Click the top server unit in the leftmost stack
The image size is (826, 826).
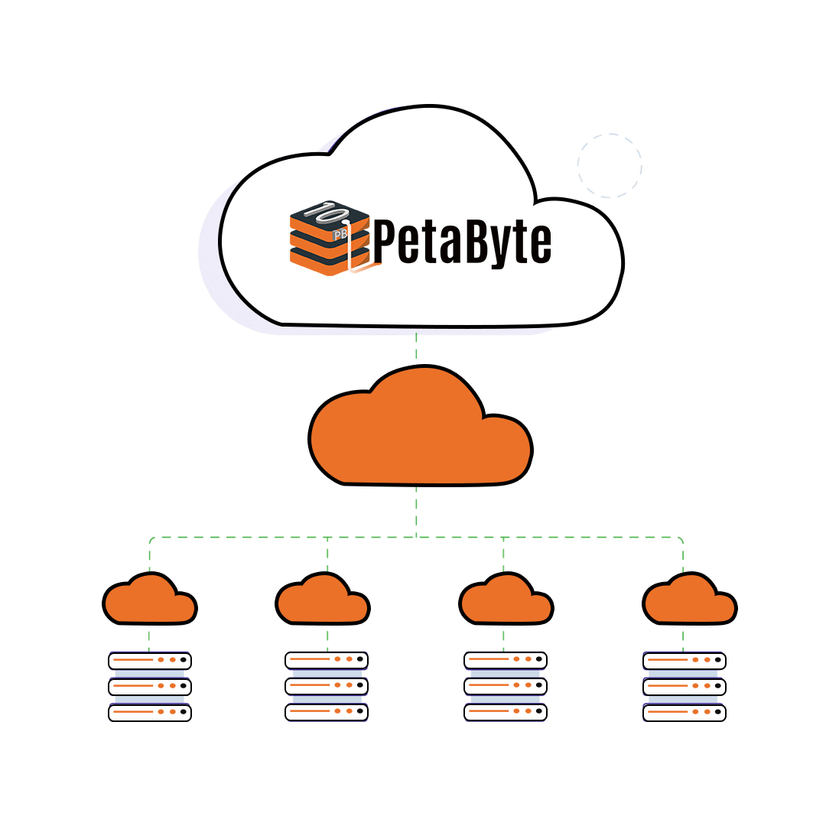tap(149, 660)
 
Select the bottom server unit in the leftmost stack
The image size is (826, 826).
tap(149, 713)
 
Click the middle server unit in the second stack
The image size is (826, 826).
tap(327, 686)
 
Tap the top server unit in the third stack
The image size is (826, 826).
tap(506, 659)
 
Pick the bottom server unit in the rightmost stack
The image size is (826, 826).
tap(684, 713)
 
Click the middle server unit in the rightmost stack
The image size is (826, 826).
tap(684, 686)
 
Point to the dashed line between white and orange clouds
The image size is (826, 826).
tap(416, 345)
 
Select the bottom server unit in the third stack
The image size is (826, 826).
tap(506, 711)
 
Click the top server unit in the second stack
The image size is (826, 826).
tap(327, 659)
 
